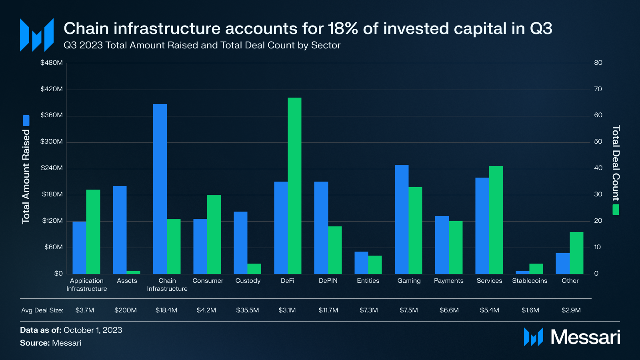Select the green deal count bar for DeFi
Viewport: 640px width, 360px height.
(x=294, y=186)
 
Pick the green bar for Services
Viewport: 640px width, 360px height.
(x=496, y=220)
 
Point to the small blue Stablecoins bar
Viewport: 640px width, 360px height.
(x=522, y=272)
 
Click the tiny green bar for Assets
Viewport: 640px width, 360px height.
(x=134, y=272)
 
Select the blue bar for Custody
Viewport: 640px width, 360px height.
(x=240, y=243)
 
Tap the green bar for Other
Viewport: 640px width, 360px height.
(x=576, y=253)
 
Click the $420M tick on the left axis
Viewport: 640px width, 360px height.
(x=52, y=89)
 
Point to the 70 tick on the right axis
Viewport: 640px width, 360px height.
(x=598, y=89)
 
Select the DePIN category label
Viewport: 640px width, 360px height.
(x=328, y=281)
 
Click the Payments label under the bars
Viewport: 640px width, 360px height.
(x=449, y=281)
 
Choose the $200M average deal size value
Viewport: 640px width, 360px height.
(x=126, y=310)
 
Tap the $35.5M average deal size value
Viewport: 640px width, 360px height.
(x=248, y=310)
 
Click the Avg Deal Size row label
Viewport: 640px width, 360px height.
(x=42, y=310)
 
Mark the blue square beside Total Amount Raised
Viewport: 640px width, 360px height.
(x=26, y=120)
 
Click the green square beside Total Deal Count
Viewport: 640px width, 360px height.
(x=616, y=210)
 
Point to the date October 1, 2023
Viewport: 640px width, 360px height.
(x=93, y=330)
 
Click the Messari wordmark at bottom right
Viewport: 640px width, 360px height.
(x=585, y=337)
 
